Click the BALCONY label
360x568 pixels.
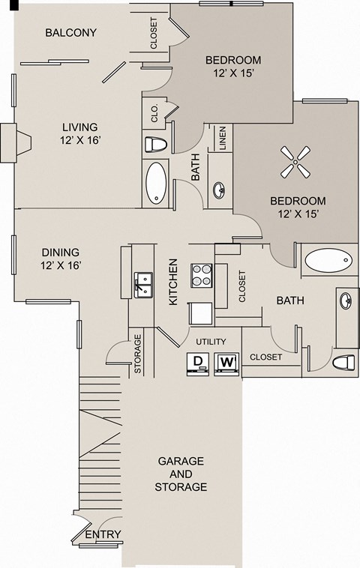point(71,32)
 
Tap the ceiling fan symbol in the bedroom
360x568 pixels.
point(295,162)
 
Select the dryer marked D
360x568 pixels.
point(197,363)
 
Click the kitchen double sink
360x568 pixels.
point(144,285)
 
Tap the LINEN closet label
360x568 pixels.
point(222,139)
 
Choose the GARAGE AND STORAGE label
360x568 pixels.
point(181,474)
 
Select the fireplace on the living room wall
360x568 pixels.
point(16,142)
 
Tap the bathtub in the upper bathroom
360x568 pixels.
point(157,182)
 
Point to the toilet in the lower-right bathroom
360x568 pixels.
point(343,363)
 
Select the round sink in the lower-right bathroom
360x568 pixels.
point(345,302)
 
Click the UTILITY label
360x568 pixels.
point(211,342)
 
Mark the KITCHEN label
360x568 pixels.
point(173,282)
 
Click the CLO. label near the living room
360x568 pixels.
point(154,115)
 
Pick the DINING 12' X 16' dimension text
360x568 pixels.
point(61,259)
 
